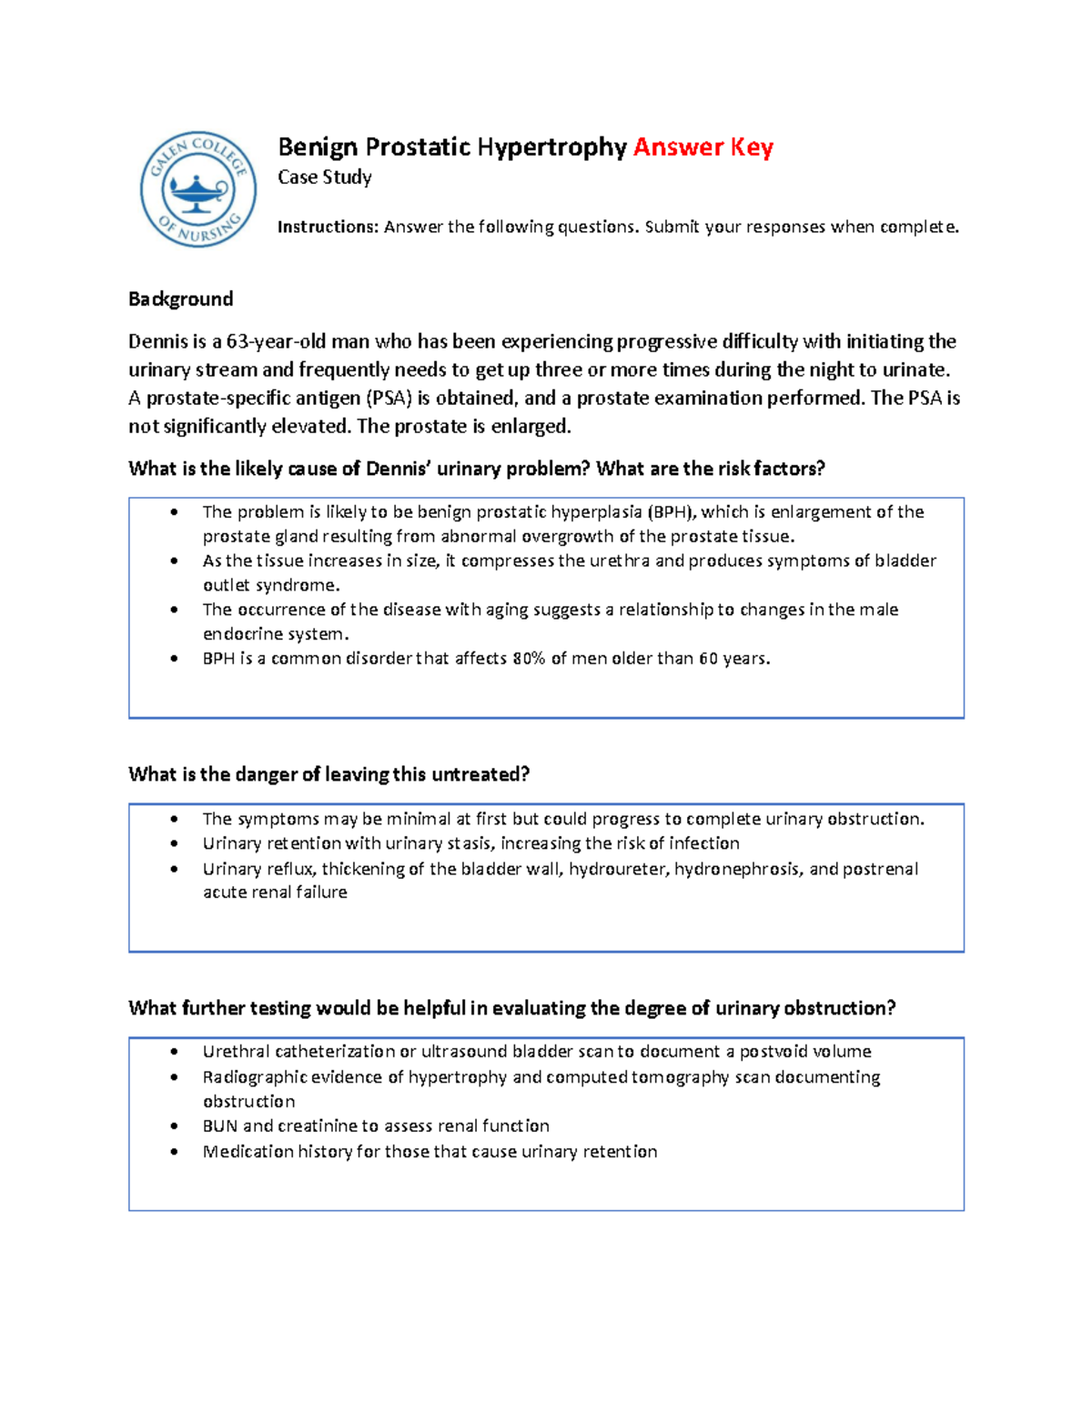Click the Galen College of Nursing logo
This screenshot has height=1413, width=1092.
pos(198,189)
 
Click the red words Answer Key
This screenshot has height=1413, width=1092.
pos(703,147)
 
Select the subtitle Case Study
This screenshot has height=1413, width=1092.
pos(324,177)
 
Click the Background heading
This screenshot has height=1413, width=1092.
pos(180,299)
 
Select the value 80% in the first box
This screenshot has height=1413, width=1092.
pos(528,659)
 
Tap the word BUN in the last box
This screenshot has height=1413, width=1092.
pos(219,1126)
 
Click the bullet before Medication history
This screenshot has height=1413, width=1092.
pos(175,1152)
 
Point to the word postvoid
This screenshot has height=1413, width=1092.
pos(773,1052)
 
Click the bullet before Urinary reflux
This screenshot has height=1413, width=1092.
pos(175,869)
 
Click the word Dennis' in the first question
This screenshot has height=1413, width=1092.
pos(397,469)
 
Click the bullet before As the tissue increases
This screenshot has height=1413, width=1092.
pos(175,561)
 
